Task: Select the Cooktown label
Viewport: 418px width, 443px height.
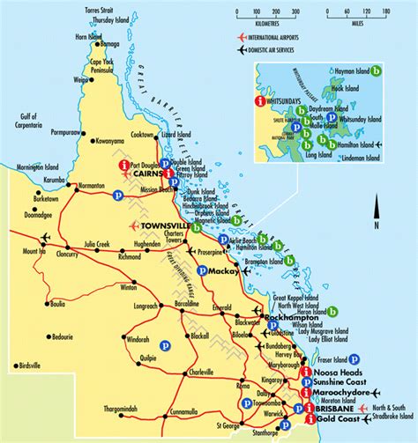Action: (146, 134)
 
